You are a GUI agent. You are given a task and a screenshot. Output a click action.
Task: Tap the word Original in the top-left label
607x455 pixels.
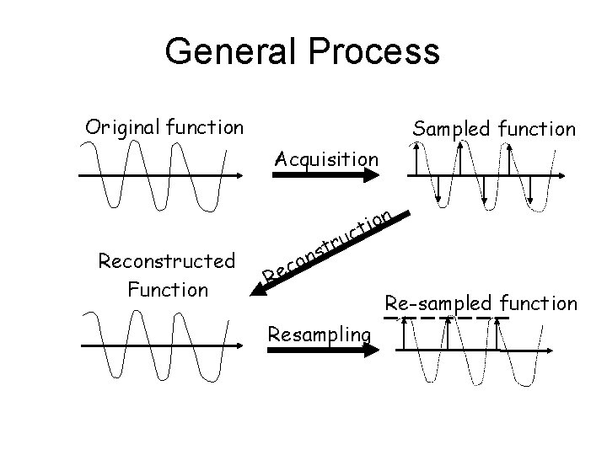point(121,129)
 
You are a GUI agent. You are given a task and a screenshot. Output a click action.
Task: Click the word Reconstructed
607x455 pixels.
point(166,261)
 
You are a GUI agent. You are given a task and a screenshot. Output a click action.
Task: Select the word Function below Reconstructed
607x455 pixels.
point(166,290)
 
